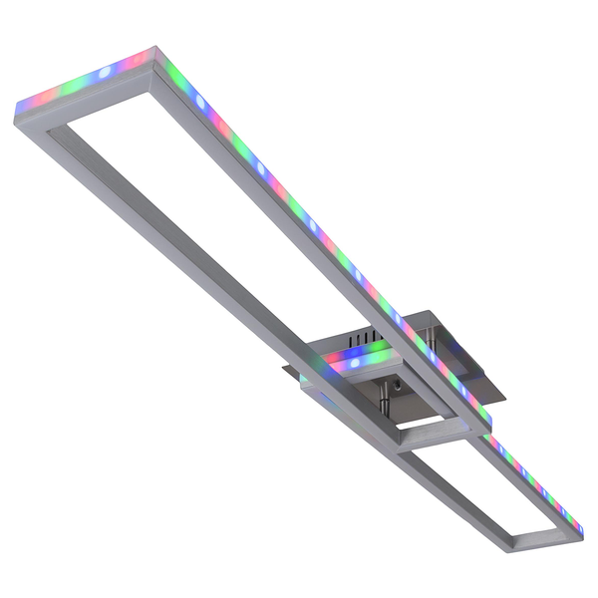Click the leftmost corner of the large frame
[x=16, y=113]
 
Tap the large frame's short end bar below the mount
[x=439, y=429]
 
